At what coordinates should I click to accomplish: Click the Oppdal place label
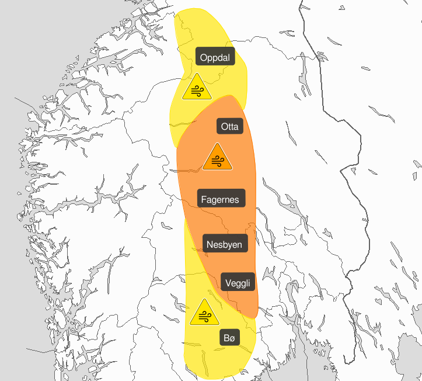pyautogui.click(x=215, y=57)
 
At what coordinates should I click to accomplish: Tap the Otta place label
pyautogui.click(x=230, y=127)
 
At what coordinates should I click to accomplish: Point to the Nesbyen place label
pyautogui.click(x=225, y=244)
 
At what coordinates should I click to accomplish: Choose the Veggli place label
pyautogui.click(x=238, y=283)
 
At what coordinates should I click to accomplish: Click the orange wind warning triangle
pyautogui.click(x=218, y=158)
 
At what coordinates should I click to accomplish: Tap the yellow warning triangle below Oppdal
pyautogui.click(x=196, y=88)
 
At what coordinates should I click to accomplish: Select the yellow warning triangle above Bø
pyautogui.click(x=204, y=313)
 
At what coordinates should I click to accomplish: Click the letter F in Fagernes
pyautogui.click(x=204, y=199)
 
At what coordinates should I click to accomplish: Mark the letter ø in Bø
pyautogui.click(x=232, y=338)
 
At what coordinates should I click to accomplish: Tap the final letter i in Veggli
pyautogui.click(x=251, y=283)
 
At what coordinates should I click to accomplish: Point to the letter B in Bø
pyautogui.click(x=226, y=337)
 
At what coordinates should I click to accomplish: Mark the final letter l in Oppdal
pyautogui.click(x=230, y=57)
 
